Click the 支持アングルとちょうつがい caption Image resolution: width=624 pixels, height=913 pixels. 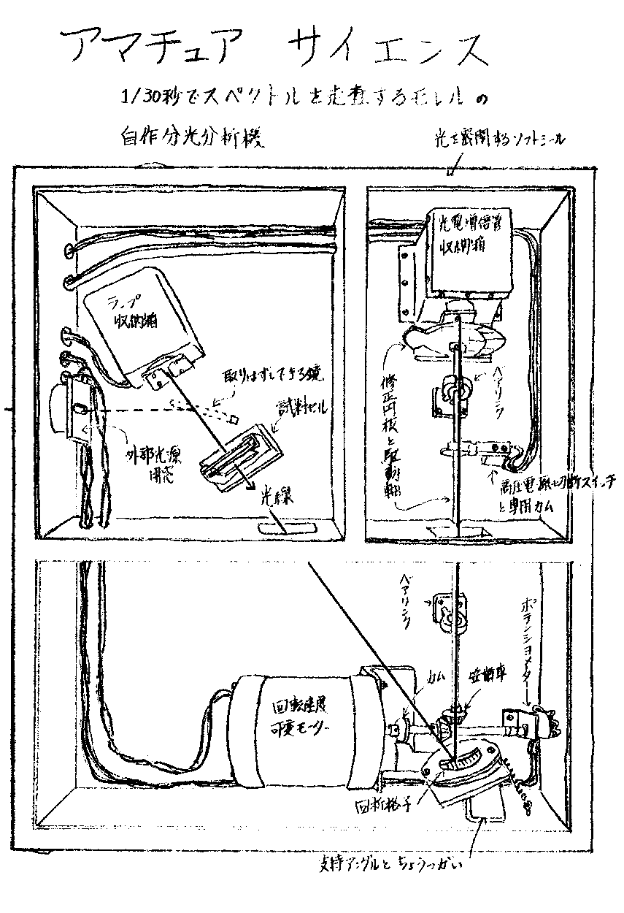tap(388, 867)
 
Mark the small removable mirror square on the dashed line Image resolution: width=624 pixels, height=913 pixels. tap(234, 419)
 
